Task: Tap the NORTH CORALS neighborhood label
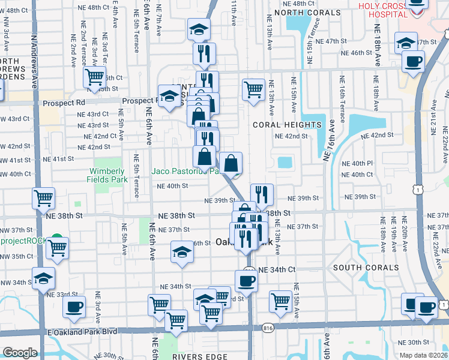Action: pyautogui.click(x=303, y=13)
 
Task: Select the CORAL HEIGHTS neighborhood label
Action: pyautogui.click(x=287, y=125)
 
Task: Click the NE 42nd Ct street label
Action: pyautogui.click(x=97, y=136)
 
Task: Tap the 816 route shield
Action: pyautogui.click(x=268, y=328)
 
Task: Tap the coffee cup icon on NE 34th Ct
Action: pyautogui.click(x=246, y=280)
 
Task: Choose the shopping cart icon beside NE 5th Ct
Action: pyautogui.click(x=95, y=77)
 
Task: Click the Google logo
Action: pyautogui.click(x=20, y=352)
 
